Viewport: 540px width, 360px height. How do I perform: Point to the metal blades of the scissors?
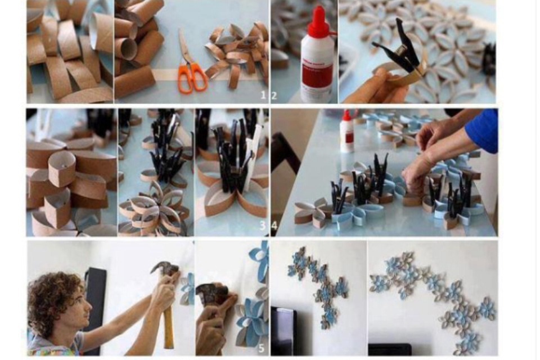(185, 47)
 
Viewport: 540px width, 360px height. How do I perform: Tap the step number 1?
(263, 94)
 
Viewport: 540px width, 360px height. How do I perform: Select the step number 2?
(274, 95)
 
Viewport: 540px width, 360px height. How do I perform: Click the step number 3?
(263, 226)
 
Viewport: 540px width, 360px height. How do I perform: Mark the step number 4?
(274, 226)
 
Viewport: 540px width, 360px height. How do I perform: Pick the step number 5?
(262, 348)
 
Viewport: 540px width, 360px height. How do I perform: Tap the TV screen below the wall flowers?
(283, 331)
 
